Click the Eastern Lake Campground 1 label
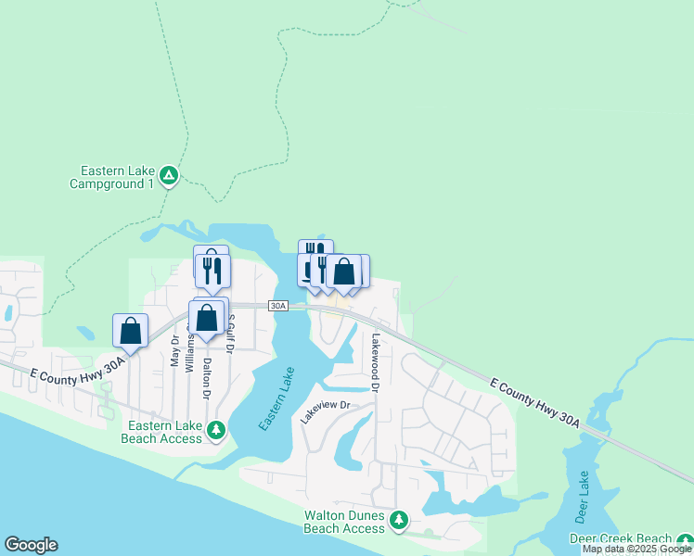click(112, 177)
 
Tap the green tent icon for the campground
click(168, 175)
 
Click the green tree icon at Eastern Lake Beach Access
click(216, 430)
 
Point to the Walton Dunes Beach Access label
click(343, 522)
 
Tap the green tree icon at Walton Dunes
click(399, 520)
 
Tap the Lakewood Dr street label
click(377, 362)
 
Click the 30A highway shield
click(279, 306)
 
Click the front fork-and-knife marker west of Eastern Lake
click(215, 271)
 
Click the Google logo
click(31, 545)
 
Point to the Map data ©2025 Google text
click(636, 549)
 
